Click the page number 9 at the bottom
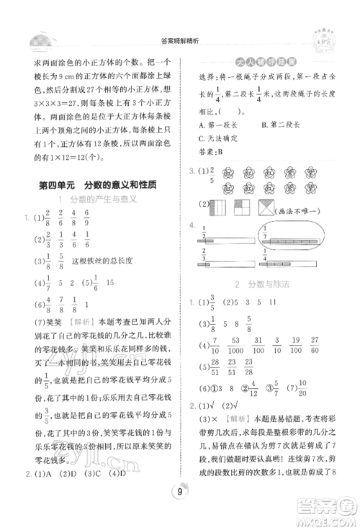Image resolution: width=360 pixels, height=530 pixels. pos(179,512)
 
